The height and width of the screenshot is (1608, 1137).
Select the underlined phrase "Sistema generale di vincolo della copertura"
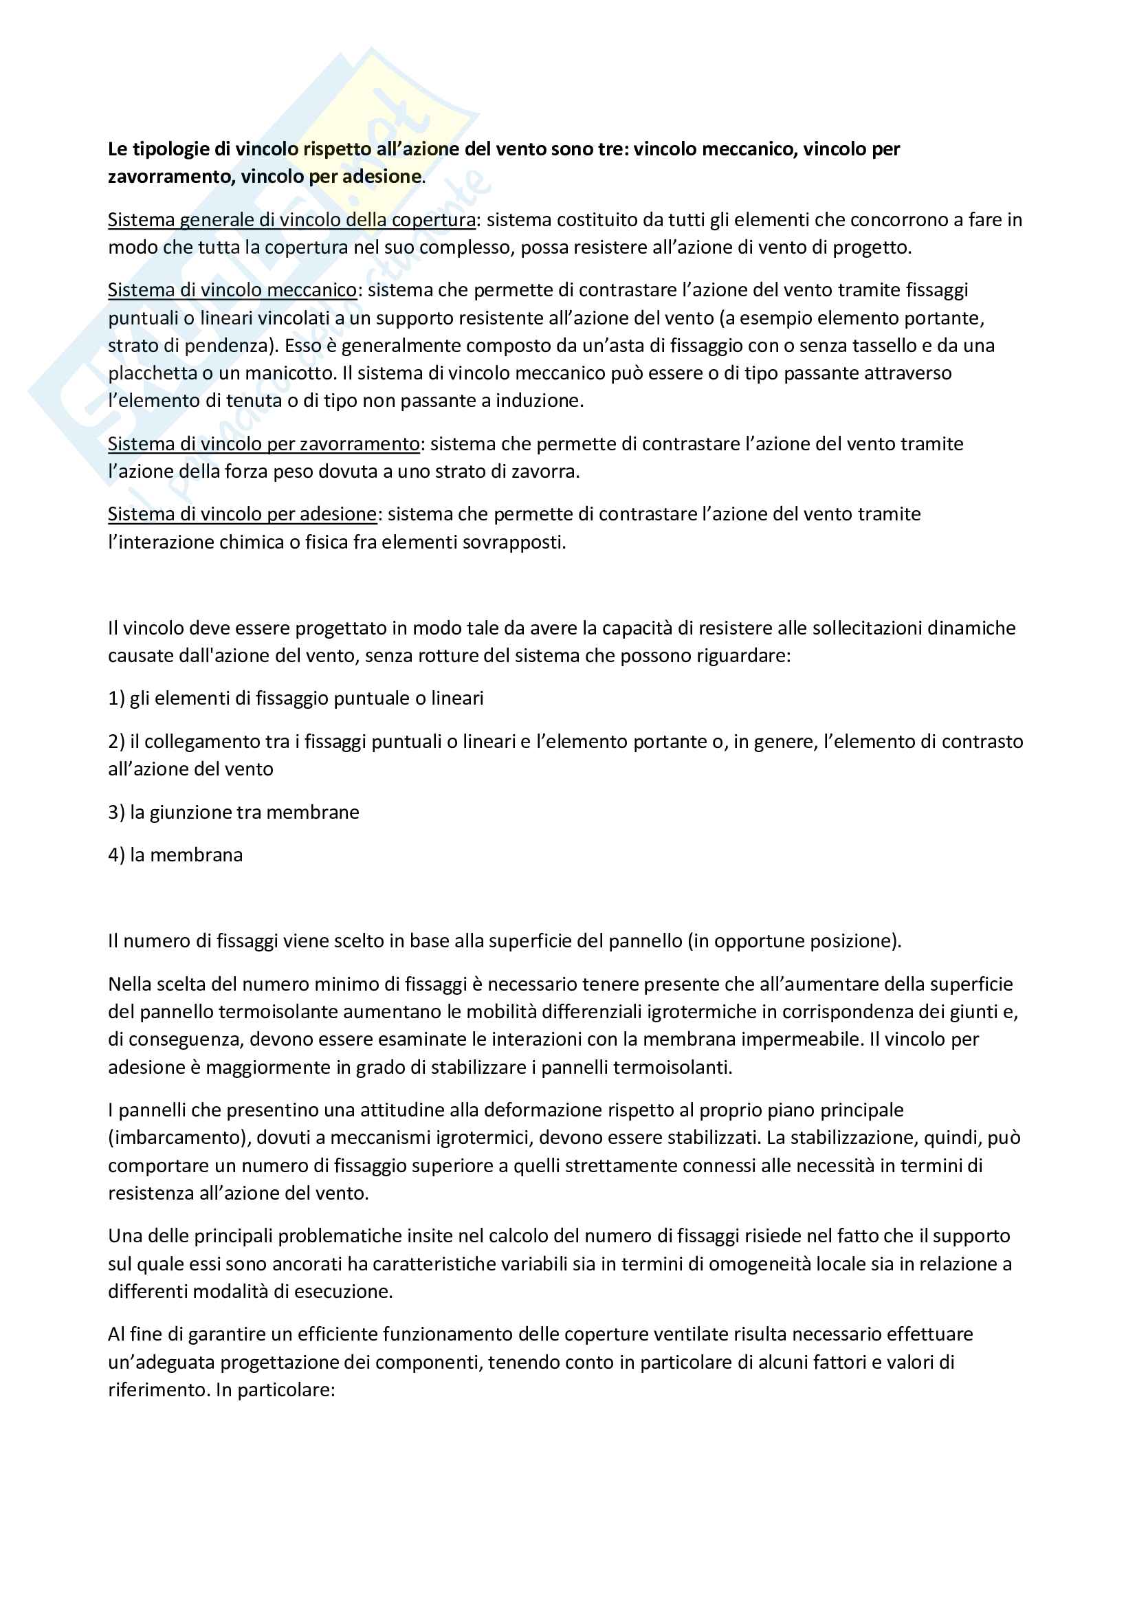(x=291, y=220)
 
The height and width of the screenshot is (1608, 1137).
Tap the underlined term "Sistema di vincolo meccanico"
(x=232, y=290)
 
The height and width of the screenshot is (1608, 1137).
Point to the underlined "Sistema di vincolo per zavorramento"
(x=263, y=444)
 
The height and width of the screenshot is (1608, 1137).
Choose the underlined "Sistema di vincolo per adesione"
(x=242, y=514)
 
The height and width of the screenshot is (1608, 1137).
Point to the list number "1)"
(x=116, y=698)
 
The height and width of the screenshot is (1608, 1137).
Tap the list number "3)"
(x=116, y=813)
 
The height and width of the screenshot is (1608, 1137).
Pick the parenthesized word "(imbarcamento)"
(x=180, y=1137)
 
